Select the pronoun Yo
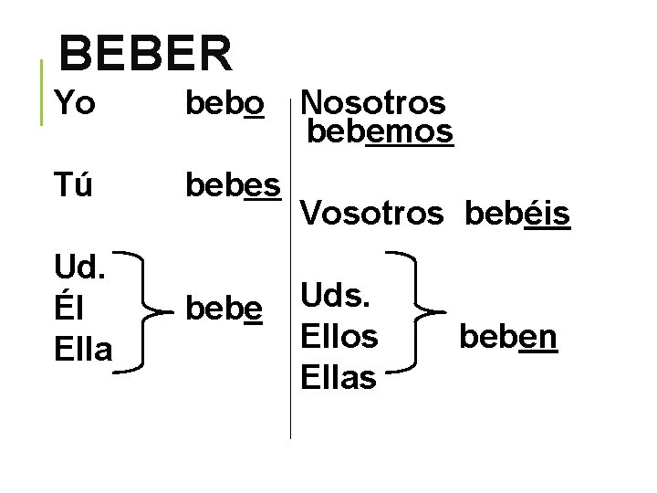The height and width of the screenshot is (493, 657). [x=74, y=105]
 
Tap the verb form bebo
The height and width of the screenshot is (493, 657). [x=224, y=105]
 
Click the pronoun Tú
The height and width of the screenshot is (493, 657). [x=74, y=185]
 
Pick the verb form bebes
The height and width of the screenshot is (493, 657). [x=233, y=185]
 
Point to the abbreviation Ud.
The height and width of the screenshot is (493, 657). [x=79, y=270]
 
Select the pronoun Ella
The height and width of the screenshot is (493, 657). [x=83, y=348]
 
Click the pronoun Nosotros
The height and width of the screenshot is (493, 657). [x=372, y=102]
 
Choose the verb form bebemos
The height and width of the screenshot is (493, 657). [x=380, y=132]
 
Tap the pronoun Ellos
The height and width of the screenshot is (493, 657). [x=339, y=336]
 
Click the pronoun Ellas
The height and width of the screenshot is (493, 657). [x=339, y=375]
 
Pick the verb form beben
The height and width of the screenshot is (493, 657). [x=508, y=336]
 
